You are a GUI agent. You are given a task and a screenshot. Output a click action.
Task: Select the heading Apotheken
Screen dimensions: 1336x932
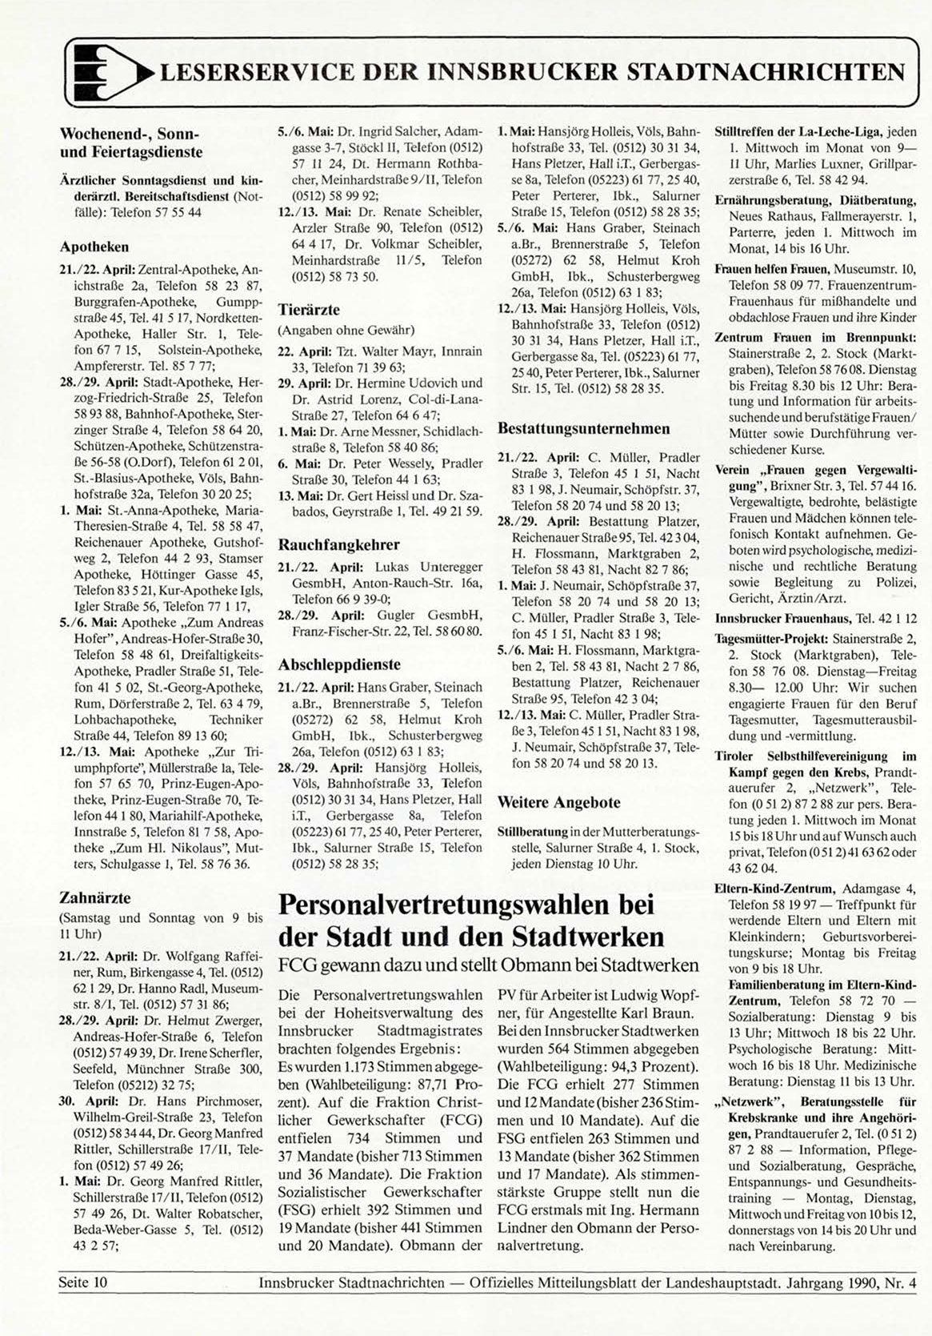click(x=94, y=247)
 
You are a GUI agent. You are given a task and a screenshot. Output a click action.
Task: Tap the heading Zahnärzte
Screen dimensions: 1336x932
click(x=94, y=897)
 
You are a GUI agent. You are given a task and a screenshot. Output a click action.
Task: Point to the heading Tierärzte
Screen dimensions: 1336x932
click(x=309, y=310)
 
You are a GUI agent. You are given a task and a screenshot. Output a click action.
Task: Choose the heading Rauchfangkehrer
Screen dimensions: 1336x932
click(x=338, y=544)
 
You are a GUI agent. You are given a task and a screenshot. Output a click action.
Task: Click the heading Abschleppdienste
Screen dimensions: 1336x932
click(x=339, y=664)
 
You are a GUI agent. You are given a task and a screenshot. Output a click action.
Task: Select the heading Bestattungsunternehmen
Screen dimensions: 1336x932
click(x=583, y=428)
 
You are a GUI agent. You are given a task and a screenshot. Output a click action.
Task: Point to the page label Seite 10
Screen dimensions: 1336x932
click(x=82, y=1282)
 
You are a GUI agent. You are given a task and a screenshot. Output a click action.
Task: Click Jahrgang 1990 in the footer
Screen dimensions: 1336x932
click(x=833, y=1282)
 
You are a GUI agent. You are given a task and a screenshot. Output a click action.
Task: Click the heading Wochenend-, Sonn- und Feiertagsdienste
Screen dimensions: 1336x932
click(x=130, y=142)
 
